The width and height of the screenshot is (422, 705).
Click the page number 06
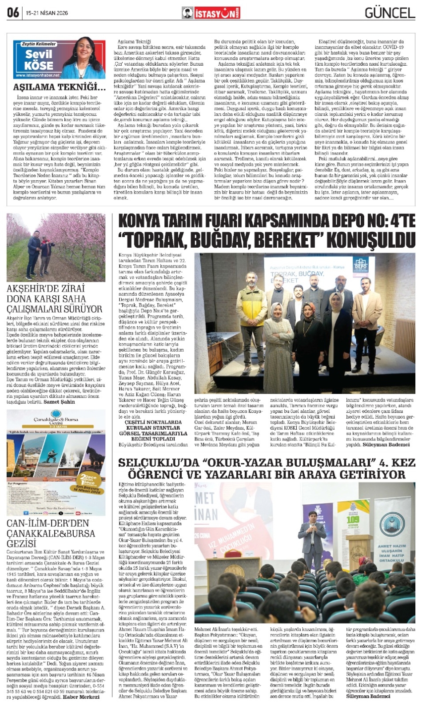(13, 12)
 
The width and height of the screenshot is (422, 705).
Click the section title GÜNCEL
(390, 13)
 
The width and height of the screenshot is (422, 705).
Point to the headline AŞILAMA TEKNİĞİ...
(59, 87)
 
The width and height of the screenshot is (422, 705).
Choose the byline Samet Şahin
(59, 402)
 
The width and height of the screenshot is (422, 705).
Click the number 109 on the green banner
(353, 520)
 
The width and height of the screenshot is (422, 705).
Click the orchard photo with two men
(56, 247)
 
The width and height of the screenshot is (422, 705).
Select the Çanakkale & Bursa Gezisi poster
(56, 462)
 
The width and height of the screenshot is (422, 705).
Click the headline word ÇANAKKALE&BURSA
(51, 533)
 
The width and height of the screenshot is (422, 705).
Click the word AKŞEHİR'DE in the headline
(33, 289)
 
